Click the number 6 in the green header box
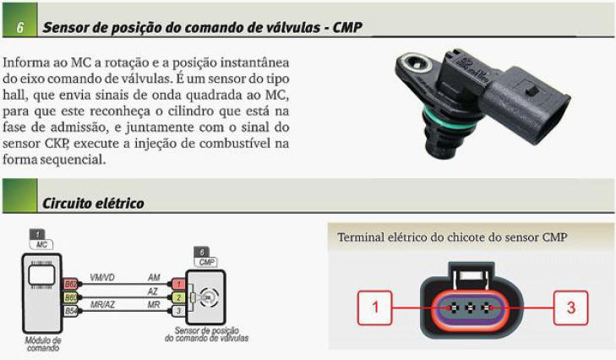[x=19, y=27]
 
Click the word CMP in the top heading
[x=347, y=27]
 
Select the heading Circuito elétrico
[x=93, y=203]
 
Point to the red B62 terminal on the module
[x=71, y=284]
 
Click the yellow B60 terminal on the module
[x=71, y=297]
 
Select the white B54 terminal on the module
[x=71, y=311]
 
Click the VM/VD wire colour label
[x=102, y=277]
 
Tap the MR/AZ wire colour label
[x=102, y=304]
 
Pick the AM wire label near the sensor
[x=154, y=277]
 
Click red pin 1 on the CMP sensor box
[x=178, y=284]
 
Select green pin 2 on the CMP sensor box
[x=178, y=297]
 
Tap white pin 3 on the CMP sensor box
[x=178, y=311]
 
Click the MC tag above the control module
[x=41, y=244]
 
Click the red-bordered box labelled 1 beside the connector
[x=375, y=308]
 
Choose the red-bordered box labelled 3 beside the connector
[x=571, y=308]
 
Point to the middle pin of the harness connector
[x=470, y=308]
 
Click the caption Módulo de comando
[x=43, y=344]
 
